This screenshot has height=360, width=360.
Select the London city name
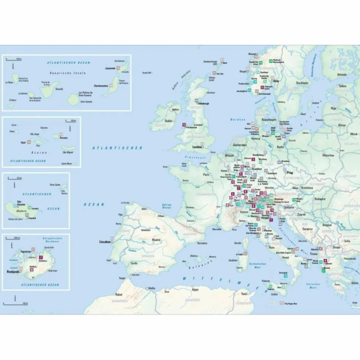tap(197, 147)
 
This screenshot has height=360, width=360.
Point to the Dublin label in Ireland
tap(169, 121)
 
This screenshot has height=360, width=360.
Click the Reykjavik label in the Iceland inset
tap(14, 272)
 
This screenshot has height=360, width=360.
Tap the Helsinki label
tap(342, 74)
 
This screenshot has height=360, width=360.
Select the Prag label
tap(290, 172)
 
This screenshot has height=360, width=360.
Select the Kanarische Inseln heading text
tap(68, 73)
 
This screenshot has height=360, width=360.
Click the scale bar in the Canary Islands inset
tap(15, 59)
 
